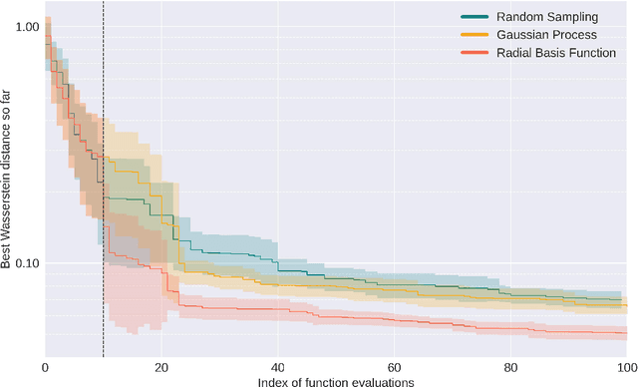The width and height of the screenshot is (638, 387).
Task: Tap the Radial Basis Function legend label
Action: click(x=557, y=52)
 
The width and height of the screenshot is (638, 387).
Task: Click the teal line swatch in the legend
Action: click(x=474, y=17)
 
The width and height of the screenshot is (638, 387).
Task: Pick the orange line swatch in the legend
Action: click(x=474, y=35)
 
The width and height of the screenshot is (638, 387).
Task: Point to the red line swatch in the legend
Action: click(x=474, y=52)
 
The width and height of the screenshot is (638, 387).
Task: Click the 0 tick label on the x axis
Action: click(x=45, y=367)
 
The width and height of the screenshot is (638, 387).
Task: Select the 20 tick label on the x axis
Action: click(x=161, y=367)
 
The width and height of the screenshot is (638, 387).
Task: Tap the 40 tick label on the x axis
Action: click(x=277, y=367)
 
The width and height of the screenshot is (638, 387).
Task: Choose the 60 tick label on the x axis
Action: click(x=394, y=367)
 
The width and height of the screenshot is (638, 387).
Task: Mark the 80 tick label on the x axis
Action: click(x=510, y=367)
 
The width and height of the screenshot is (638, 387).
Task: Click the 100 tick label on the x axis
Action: click(x=625, y=367)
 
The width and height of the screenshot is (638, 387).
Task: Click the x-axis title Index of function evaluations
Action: click(x=335, y=380)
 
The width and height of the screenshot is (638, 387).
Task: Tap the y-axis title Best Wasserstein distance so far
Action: click(x=7, y=180)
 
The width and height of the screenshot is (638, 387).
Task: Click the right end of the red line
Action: click(x=626, y=332)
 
